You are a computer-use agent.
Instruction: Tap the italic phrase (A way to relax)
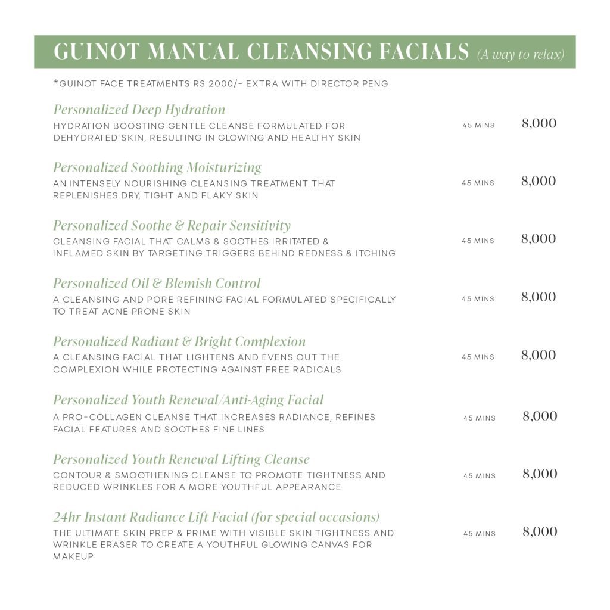[520, 55]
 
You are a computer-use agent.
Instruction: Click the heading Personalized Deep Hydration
[139, 110]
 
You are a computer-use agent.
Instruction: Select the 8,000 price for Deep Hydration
[539, 123]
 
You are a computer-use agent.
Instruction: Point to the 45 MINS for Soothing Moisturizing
[478, 183]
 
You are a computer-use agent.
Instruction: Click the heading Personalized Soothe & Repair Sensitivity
[172, 226]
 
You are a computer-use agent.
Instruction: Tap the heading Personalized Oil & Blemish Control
[157, 284]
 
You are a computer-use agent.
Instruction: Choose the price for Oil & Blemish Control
[539, 297]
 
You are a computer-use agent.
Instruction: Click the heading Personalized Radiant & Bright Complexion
[179, 341]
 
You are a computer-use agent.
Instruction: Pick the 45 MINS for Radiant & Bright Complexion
[478, 357]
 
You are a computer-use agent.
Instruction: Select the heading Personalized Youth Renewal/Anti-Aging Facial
[188, 400]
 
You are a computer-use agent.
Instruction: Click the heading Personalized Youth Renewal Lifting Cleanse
[181, 460]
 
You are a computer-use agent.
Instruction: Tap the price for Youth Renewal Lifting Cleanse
[540, 474]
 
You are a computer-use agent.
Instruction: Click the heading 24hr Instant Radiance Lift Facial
[216, 516]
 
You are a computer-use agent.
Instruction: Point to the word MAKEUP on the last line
[73, 556]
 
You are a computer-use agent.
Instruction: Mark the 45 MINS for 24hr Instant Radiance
[480, 534]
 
